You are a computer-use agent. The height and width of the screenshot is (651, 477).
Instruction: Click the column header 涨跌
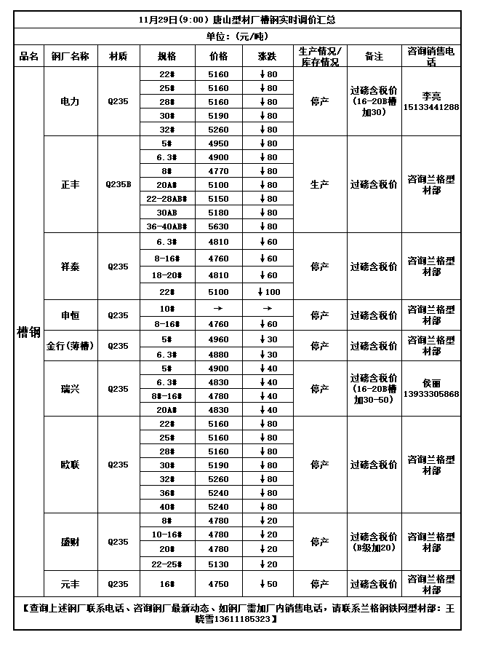267,56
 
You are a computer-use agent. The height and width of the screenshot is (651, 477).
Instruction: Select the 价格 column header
218,56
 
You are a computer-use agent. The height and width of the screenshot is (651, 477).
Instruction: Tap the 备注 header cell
374,56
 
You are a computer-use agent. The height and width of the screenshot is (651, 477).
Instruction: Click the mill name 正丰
71,185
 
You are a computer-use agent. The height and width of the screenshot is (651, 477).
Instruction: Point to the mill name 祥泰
71,267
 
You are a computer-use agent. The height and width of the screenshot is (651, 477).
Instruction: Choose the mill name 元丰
71,584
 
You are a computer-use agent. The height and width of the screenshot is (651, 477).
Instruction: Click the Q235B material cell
119,185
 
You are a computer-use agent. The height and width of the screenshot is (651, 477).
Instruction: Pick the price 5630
218,226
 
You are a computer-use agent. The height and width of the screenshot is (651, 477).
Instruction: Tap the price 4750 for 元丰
218,584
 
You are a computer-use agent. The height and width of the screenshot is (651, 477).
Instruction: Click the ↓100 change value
267,292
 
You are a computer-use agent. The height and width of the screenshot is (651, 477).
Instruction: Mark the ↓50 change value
267,584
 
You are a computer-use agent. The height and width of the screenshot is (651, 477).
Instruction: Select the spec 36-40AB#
167,226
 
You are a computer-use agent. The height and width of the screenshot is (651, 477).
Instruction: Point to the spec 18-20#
167,275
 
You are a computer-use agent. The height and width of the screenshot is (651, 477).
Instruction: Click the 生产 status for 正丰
319,185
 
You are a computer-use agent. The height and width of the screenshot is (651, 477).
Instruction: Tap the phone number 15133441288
432,107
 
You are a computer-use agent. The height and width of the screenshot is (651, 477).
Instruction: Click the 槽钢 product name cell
28,332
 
